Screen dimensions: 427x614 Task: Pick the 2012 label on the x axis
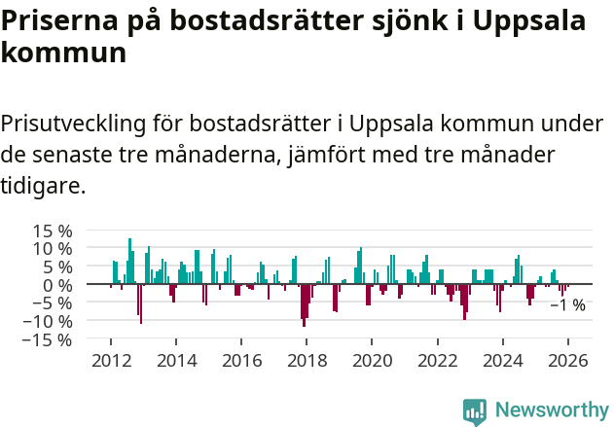pyautogui.click(x=111, y=360)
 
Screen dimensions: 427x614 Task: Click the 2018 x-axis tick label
pyautogui.click(x=307, y=360)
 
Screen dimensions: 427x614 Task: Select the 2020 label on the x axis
pyautogui.click(x=372, y=360)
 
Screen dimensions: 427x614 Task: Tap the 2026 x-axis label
pyautogui.click(x=568, y=360)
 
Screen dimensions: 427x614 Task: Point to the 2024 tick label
pyautogui.click(x=503, y=360)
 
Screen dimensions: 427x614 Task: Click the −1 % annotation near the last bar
pyautogui.click(x=567, y=305)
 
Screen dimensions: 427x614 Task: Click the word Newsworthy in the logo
pyautogui.click(x=552, y=410)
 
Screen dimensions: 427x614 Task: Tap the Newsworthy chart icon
pyautogui.click(x=475, y=411)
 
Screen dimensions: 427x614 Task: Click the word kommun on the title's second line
pyautogui.click(x=63, y=53)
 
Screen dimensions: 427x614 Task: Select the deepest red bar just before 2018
pyautogui.click(x=304, y=304)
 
